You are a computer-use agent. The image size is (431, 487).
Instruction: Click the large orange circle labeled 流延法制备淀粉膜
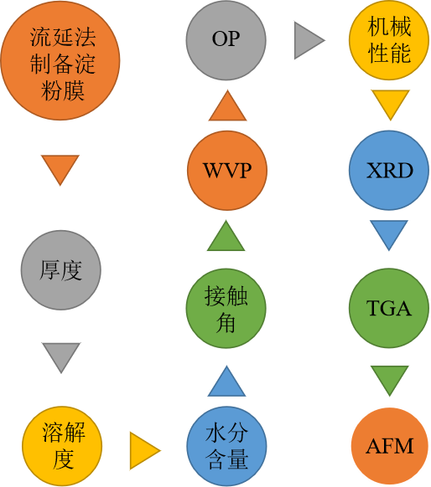[60, 60]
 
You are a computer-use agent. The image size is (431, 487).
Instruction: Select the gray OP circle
[226, 40]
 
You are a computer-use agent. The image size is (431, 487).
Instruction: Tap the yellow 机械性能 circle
[389, 40]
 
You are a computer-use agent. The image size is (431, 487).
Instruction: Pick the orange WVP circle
[227, 171]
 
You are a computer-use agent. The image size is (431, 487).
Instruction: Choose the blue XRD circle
[389, 170]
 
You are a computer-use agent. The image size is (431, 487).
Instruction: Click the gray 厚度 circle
[61, 270]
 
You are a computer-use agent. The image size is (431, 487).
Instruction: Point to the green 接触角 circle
[226, 309]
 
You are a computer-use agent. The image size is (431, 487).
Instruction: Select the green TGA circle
[389, 308]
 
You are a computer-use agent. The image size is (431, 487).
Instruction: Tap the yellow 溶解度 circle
[62, 446]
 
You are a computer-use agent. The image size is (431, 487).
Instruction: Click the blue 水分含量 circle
[227, 446]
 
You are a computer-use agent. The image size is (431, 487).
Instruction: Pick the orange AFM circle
[390, 446]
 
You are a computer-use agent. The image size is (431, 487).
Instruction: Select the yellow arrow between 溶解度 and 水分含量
[145, 451]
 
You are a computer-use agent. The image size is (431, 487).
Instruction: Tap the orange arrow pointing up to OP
[227, 105]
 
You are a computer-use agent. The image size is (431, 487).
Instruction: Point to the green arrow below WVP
[226, 235]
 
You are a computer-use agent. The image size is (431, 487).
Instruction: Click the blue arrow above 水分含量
[226, 381]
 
